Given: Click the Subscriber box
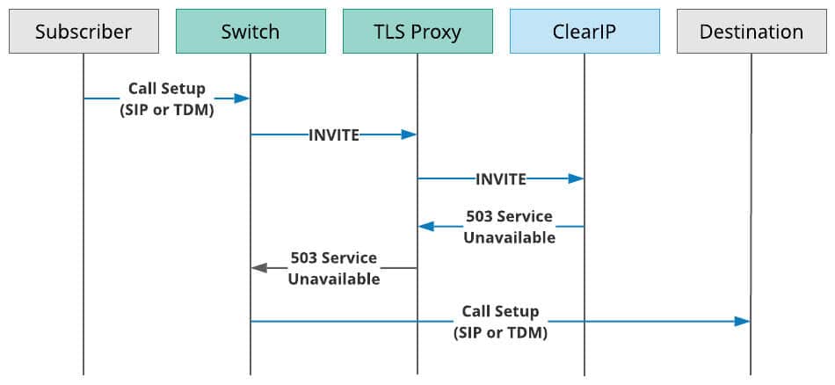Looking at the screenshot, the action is pos(83,32).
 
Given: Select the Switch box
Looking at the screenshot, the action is pos(250,32).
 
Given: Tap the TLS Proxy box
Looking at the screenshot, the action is pos(417,32).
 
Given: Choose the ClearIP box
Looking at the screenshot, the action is pos(584,32).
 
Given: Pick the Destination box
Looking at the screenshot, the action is pos(751,32).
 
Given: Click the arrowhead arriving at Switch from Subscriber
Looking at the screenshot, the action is pos(242,98).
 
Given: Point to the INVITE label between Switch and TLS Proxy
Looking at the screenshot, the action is pos(334,135).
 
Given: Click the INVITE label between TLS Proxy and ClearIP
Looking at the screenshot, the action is pos(501,179).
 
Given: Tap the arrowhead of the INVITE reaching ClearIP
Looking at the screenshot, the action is pos(576,179).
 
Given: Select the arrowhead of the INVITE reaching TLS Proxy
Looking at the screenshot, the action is pos(409,134).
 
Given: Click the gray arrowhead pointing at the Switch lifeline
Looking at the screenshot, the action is pos(259,268).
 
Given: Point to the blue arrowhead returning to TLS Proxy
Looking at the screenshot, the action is pos(426,226).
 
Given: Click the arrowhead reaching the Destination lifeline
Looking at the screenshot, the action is pos(742,321).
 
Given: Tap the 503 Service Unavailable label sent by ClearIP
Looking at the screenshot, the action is pos(509,227).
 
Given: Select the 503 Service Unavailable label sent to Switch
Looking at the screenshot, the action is pos(334,268).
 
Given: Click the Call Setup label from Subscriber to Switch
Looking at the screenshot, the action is pos(167,99).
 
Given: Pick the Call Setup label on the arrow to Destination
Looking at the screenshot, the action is pos(501,323).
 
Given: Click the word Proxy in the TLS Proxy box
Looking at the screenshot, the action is pos(439,33).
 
